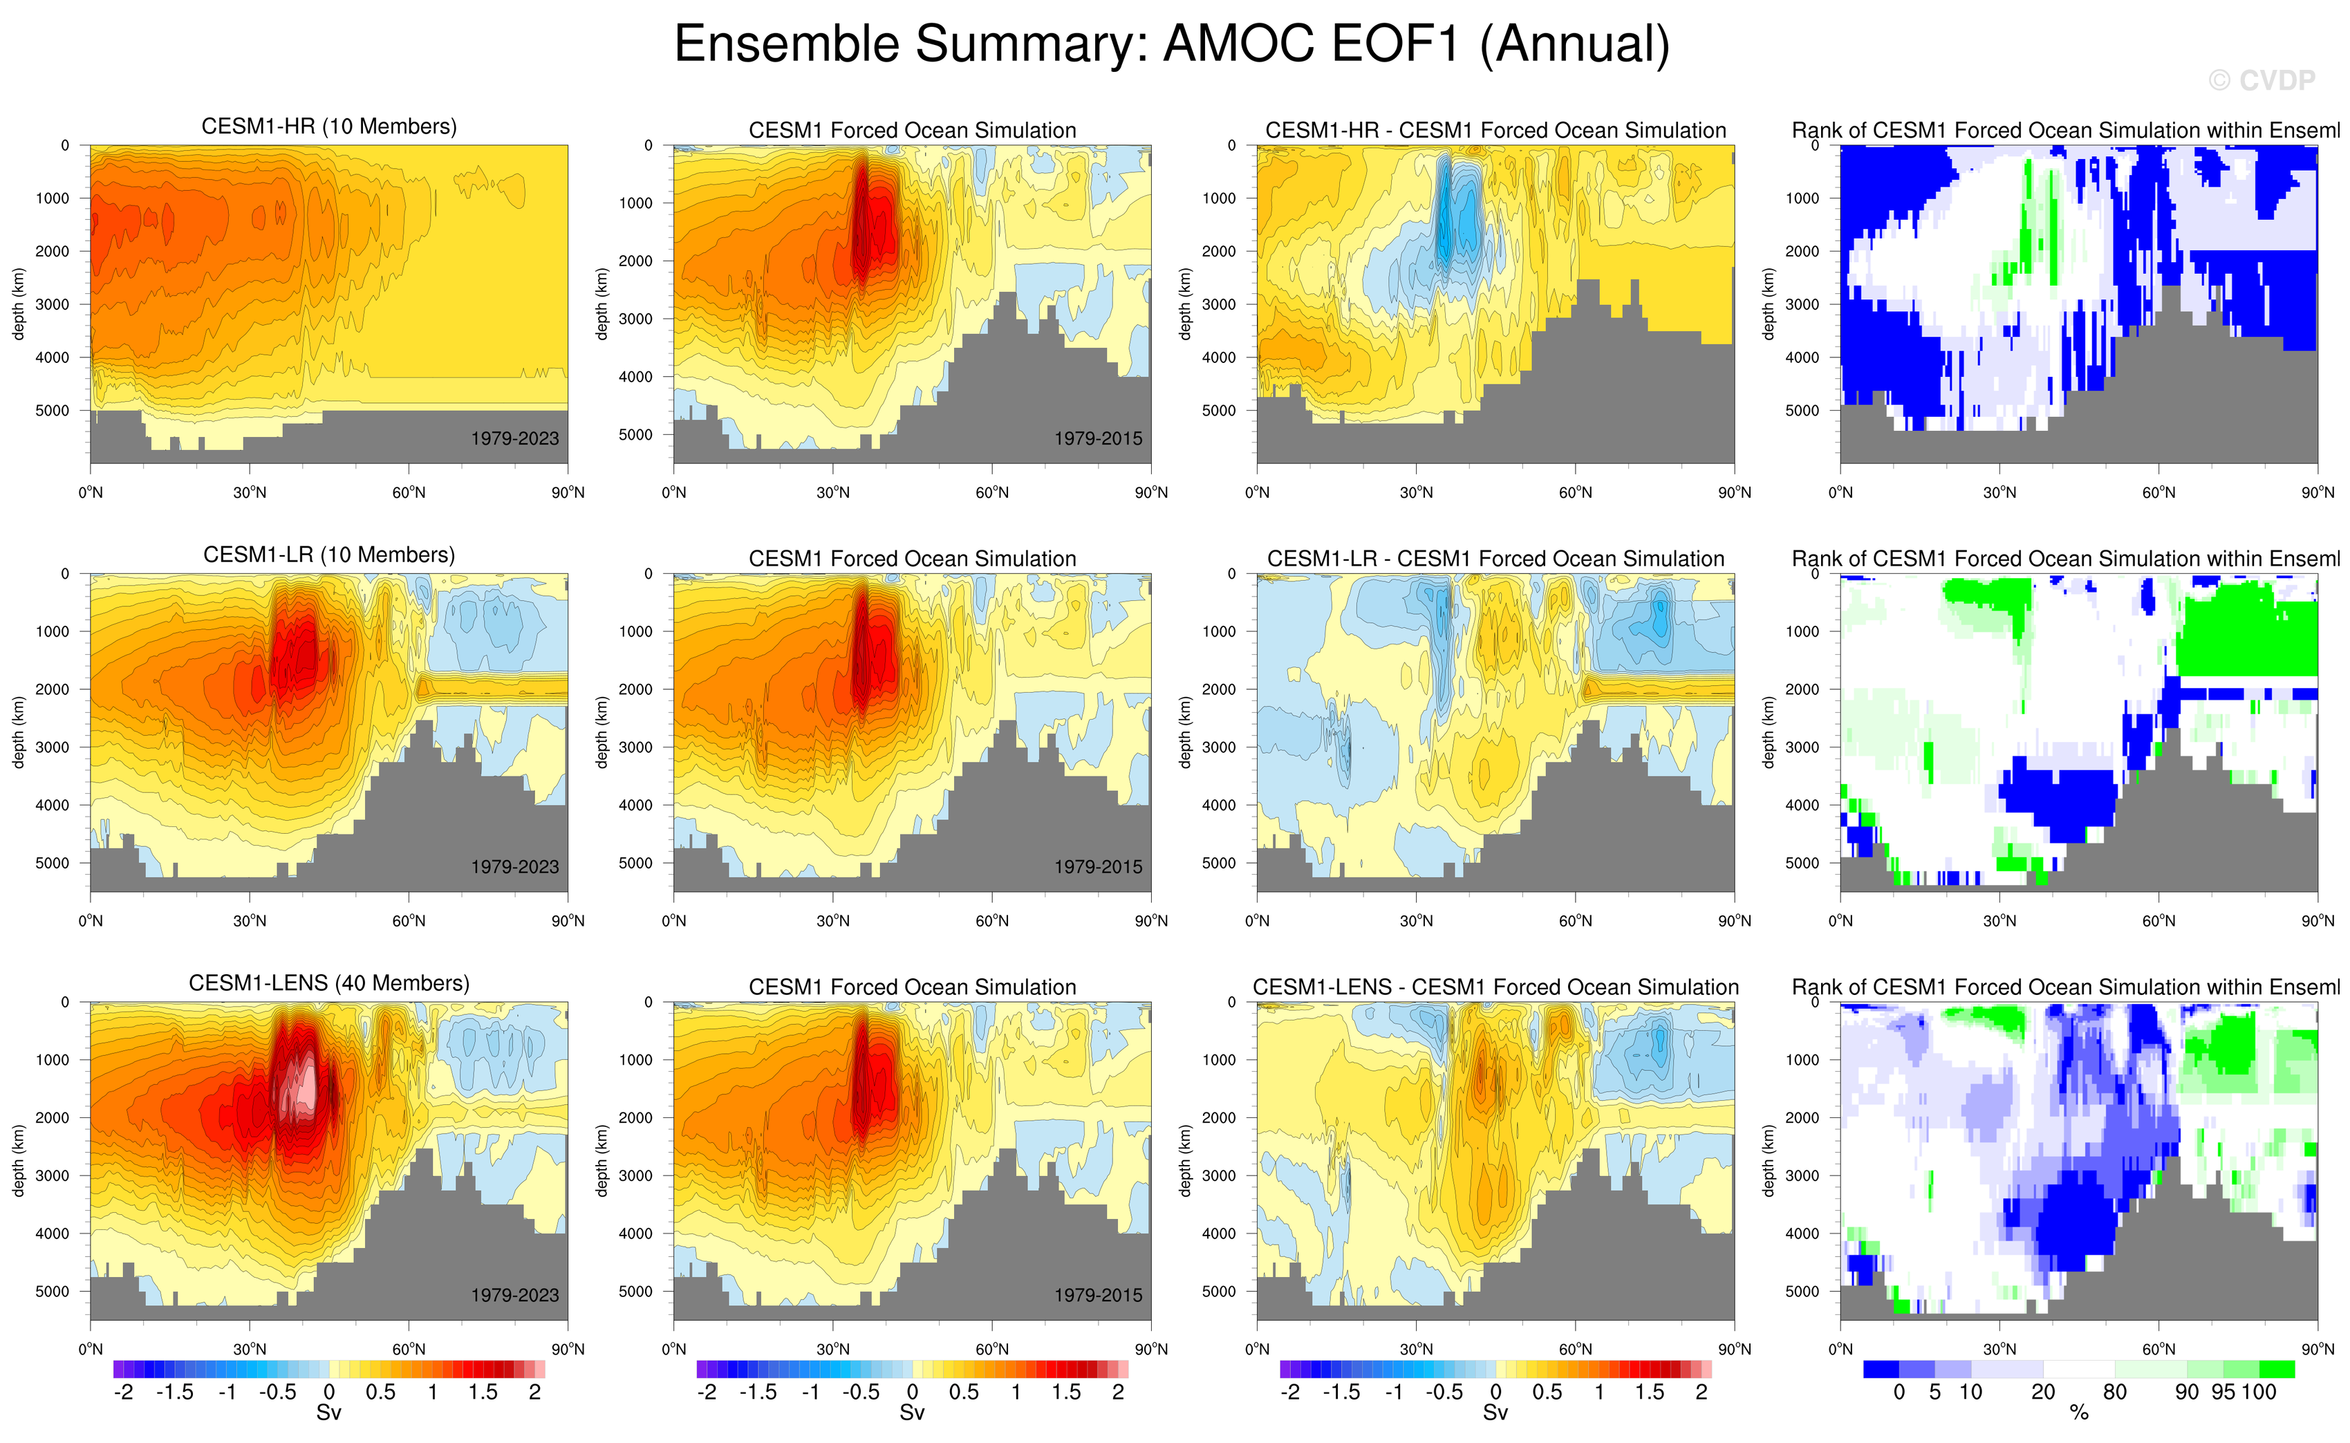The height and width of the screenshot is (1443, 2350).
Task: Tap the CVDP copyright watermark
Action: (2262, 81)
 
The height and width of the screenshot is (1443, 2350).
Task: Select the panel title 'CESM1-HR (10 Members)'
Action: (329, 127)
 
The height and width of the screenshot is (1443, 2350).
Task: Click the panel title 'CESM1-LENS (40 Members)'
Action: (329, 983)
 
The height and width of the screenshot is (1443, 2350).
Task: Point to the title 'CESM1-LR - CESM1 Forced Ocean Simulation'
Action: (1495, 559)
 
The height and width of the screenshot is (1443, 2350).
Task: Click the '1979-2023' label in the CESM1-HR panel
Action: (514, 439)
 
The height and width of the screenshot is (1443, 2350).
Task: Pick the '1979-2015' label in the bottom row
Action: (1097, 1295)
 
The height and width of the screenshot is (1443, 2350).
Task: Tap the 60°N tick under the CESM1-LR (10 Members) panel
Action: (409, 921)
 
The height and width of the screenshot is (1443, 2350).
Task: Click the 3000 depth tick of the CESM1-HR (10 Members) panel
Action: (53, 304)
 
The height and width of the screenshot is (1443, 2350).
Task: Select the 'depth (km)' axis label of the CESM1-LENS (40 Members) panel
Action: (18, 1160)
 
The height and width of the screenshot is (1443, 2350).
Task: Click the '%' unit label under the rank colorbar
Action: (2078, 1413)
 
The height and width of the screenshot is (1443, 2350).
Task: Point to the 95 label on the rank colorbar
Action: (2223, 1393)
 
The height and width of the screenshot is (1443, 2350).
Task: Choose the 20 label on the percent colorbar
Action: (2043, 1393)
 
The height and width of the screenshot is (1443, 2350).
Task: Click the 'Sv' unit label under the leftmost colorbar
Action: (328, 1413)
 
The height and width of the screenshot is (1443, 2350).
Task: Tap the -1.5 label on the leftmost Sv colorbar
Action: (175, 1393)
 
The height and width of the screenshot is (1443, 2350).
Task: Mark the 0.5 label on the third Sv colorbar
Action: (1547, 1393)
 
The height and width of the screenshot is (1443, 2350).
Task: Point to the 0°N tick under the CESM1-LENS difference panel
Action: (1256, 1350)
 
